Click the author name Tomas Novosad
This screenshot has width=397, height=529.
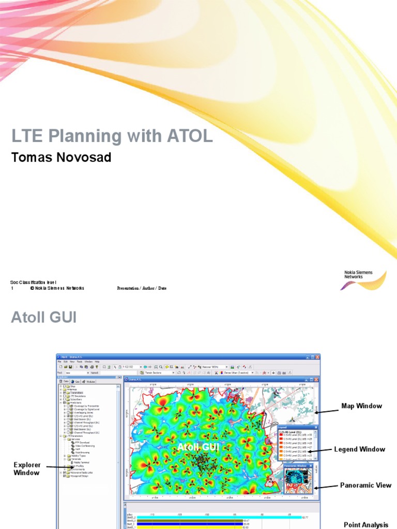pos(61,157)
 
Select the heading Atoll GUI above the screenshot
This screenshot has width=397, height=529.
pos(43,316)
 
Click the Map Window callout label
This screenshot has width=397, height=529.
pos(361,406)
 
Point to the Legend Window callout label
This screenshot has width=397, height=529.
pos(359,449)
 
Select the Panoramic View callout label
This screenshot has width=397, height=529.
pos(365,485)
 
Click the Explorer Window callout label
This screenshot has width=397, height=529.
pos(26,469)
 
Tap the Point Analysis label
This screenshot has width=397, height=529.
pos(365,525)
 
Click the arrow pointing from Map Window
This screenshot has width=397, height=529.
pos(326,411)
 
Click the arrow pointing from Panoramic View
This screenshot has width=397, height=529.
pos(325,487)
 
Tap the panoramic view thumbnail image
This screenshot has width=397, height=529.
pos(298,480)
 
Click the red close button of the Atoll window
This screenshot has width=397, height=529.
pos(317,357)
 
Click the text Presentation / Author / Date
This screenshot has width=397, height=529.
pos(142,288)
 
